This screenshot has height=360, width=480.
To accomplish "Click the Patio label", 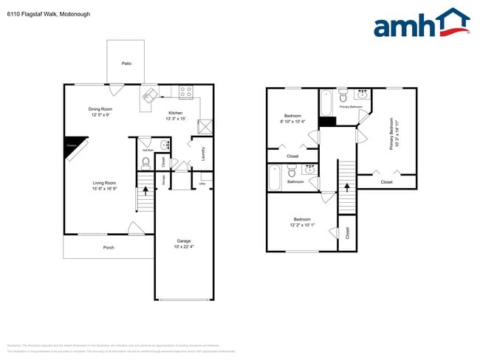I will pyautogui.click(x=126, y=64).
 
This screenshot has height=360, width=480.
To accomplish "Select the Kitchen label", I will pyautogui.click(x=175, y=115).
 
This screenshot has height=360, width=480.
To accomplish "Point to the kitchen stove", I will pyautogui.click(x=186, y=92).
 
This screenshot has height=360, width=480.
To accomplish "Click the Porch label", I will pyautogui.click(x=108, y=247).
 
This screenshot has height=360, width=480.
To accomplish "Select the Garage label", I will pyautogui.click(x=183, y=244).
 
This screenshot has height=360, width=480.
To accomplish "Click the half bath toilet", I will pyautogui.click(x=146, y=161).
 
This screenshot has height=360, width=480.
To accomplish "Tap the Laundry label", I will pyautogui.click(x=202, y=152).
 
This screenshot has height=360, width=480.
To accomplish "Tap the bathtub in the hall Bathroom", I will pyautogui.click(x=275, y=177).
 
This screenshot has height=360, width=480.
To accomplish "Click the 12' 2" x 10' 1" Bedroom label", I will pyautogui.click(x=302, y=222).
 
